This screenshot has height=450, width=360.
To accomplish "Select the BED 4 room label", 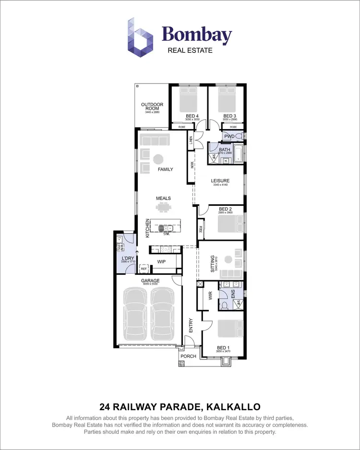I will [192, 116].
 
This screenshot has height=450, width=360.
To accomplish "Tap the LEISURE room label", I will [221, 181].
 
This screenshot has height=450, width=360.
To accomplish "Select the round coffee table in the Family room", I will [158, 159].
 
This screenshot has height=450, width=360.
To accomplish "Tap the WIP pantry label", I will [161, 262].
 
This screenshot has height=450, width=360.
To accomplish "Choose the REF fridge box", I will [144, 269].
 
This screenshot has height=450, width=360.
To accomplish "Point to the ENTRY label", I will [191, 326].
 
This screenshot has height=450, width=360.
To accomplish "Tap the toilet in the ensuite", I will [224, 306].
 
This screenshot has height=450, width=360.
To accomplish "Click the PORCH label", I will [189, 356].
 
